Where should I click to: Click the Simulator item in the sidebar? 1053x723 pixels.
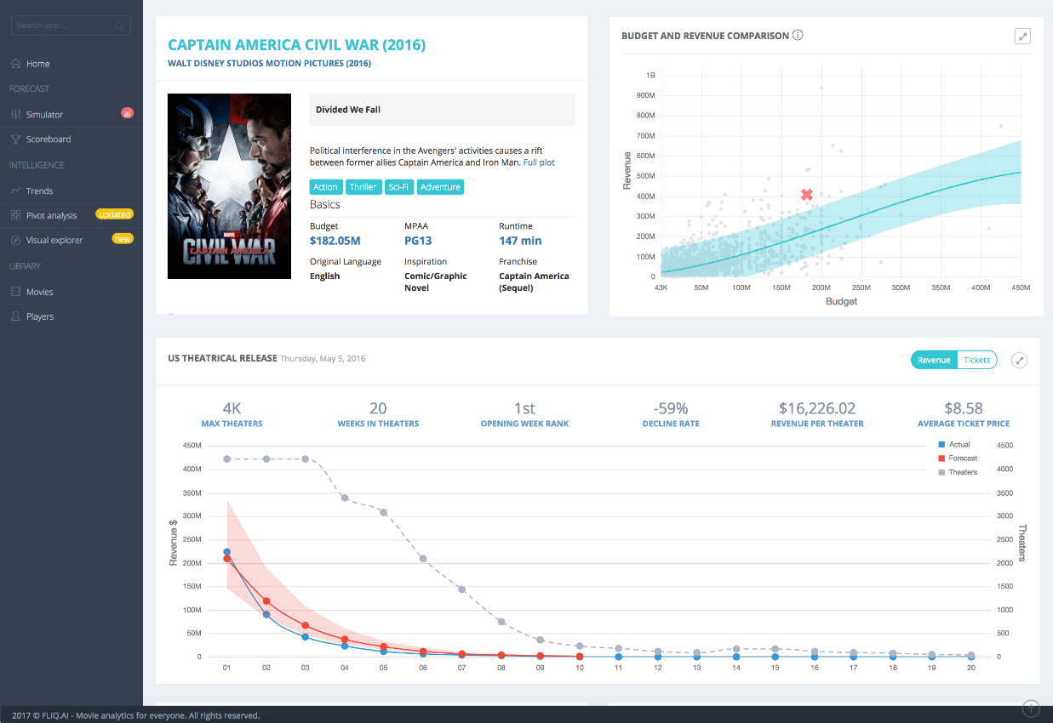[44, 114]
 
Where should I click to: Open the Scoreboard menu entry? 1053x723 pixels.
[49, 139]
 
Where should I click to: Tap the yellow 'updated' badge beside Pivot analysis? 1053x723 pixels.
[115, 214]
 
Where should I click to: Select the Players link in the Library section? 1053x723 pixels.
[39, 316]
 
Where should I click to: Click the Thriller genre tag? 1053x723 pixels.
[363, 187]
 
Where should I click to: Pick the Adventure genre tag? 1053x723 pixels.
[440, 187]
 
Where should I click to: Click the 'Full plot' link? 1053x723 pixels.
[539, 162]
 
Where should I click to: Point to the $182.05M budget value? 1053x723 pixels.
[335, 241]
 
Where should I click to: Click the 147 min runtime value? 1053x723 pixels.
[520, 241]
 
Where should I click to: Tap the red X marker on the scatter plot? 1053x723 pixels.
[807, 195]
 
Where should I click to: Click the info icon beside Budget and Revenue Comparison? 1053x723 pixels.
[798, 35]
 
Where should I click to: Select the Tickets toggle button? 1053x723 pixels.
[977, 360]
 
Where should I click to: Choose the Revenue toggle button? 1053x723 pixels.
[934, 360]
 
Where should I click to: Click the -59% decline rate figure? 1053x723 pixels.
[671, 407]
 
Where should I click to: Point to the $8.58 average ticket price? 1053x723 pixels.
[964, 407]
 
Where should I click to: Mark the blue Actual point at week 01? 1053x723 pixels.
[226, 552]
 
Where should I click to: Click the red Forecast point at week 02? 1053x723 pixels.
[266, 601]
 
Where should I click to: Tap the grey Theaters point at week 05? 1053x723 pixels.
[384, 512]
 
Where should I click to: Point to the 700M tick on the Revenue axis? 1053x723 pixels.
[645, 136]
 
